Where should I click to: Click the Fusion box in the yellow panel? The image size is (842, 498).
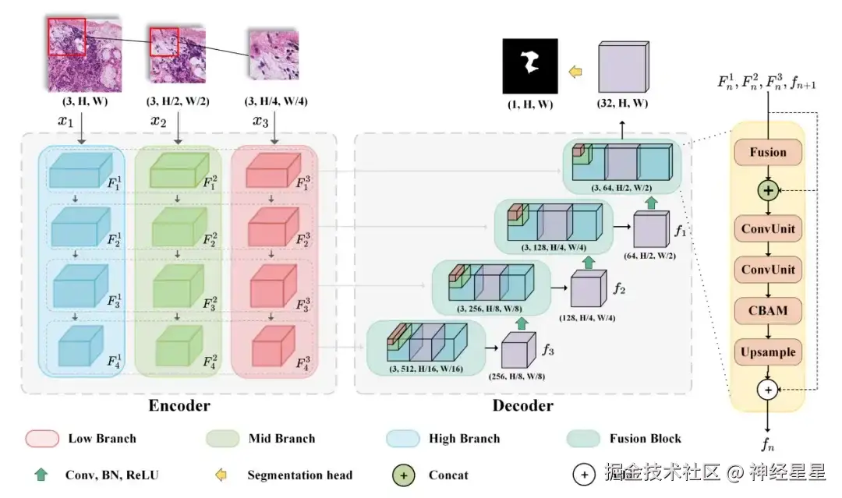(768, 152)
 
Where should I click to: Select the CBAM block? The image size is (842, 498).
(768, 310)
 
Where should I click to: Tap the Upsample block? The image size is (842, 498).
(768, 351)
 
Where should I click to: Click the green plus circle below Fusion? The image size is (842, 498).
(769, 189)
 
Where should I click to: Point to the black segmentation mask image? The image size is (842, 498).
(529, 66)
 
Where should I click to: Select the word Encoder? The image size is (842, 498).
(179, 405)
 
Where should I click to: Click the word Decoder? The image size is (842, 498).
(522, 405)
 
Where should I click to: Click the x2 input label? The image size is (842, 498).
(158, 122)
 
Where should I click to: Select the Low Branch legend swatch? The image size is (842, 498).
(42, 438)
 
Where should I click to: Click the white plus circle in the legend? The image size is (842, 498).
(584, 474)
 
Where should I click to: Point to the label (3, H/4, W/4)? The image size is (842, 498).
(274, 102)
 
